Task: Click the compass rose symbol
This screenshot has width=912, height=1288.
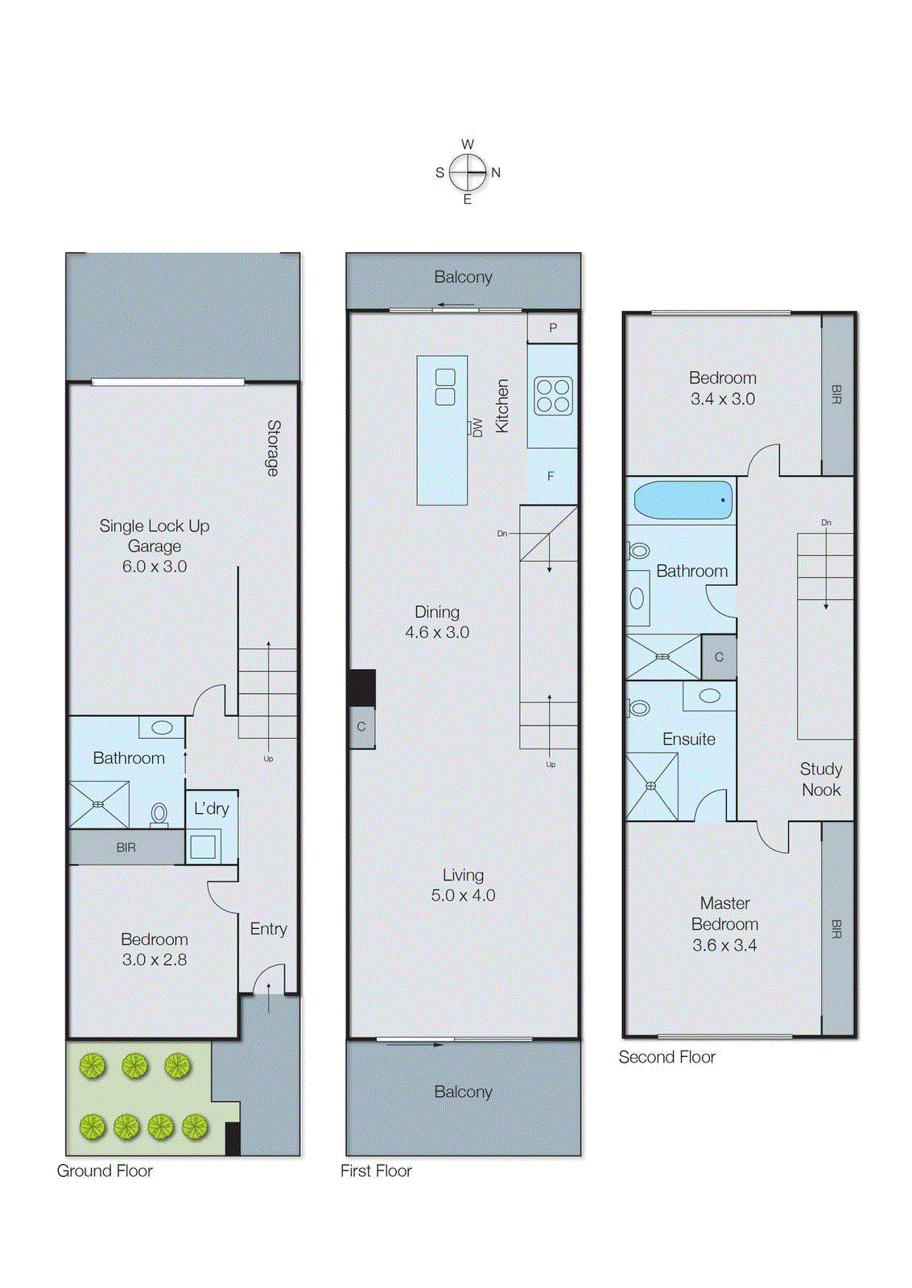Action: tap(468, 172)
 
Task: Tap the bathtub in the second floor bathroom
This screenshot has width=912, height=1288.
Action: tap(683, 500)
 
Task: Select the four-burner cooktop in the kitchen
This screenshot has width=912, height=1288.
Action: tap(553, 396)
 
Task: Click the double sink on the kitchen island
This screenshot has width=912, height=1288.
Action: tap(445, 387)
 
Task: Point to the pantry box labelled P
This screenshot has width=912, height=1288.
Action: tap(553, 328)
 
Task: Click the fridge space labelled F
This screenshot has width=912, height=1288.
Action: tap(551, 476)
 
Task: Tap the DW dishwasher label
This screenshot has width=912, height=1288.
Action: tap(477, 427)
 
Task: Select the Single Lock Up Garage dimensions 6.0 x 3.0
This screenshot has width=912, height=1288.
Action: tap(155, 567)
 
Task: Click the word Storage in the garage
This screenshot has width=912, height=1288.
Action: tap(274, 448)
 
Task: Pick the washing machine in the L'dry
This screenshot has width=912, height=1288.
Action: tap(203, 846)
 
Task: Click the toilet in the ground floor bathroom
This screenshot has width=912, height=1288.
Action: tap(159, 814)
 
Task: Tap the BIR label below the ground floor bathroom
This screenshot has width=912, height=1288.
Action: tap(126, 848)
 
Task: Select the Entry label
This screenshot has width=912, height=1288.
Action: tap(268, 929)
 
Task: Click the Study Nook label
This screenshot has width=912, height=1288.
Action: tap(821, 779)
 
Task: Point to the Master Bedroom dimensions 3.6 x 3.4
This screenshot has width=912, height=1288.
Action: tap(724, 945)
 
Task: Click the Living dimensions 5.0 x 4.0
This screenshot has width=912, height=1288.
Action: tap(463, 895)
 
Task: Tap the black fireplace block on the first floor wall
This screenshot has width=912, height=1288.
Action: tap(362, 687)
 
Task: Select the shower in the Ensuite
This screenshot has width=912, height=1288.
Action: tap(651, 786)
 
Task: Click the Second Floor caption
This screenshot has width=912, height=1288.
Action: tap(666, 1057)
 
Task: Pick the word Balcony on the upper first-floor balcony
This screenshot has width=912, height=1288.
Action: tap(463, 277)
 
